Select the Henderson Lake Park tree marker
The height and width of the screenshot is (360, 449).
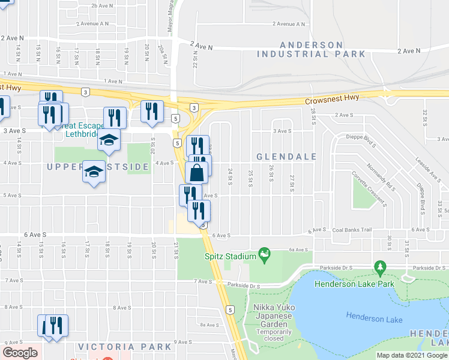[x=379, y=266]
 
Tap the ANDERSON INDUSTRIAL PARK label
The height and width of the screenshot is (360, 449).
[x=311, y=49]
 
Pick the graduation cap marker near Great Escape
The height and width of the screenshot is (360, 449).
[x=109, y=140]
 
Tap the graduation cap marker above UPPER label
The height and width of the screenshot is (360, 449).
[x=93, y=172]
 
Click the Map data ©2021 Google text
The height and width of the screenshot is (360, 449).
[x=412, y=355]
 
